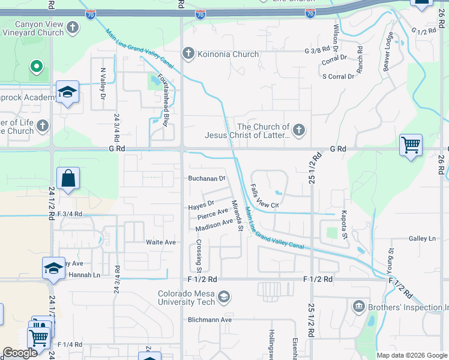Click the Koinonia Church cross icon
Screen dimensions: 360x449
188,54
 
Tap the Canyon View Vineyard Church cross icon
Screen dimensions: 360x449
73,28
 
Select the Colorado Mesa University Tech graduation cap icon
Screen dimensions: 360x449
224,296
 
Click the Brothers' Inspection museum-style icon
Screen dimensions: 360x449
359,307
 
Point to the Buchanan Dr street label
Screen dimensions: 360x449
206,178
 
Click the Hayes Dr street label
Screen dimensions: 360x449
201,206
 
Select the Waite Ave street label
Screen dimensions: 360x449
161,242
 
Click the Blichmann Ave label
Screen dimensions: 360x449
209,320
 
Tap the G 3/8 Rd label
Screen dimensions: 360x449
318,51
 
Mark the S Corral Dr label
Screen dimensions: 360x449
338,76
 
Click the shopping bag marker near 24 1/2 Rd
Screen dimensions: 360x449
68,178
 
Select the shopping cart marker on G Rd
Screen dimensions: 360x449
411,144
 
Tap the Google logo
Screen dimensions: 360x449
20,353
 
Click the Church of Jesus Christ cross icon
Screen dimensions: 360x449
298,130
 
